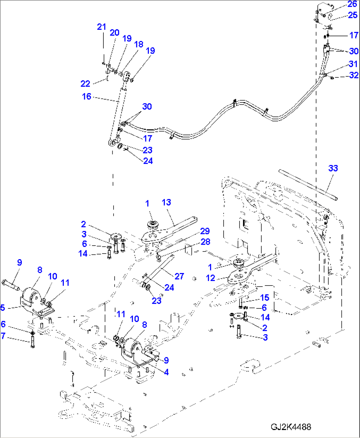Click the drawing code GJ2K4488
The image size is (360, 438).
291,427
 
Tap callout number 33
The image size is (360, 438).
333,168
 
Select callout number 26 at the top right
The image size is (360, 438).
352,4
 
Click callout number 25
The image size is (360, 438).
352,15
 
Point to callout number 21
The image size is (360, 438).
101,27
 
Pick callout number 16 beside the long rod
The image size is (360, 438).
87,97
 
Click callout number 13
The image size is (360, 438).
166,202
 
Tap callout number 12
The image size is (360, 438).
210,278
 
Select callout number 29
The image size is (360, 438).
205,231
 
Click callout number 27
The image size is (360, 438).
179,276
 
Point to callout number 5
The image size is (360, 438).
3,308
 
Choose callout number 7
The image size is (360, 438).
3,336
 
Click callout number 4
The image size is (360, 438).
166,372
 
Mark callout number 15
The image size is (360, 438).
265,298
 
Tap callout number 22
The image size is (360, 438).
85,84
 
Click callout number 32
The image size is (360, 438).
354,75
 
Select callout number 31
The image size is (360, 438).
353,64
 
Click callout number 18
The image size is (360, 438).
139,44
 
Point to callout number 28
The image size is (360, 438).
205,242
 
